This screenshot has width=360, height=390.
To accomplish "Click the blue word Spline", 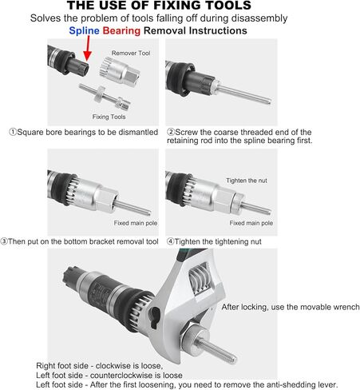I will click(83, 30).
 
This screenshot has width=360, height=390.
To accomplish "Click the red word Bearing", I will click(121, 30).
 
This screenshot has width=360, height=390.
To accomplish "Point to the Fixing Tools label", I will click(109, 116).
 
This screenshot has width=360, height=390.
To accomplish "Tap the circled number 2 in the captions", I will click(171, 132).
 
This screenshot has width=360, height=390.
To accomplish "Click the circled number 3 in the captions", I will click(6, 241).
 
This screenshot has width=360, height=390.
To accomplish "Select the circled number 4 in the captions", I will click(171, 241).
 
